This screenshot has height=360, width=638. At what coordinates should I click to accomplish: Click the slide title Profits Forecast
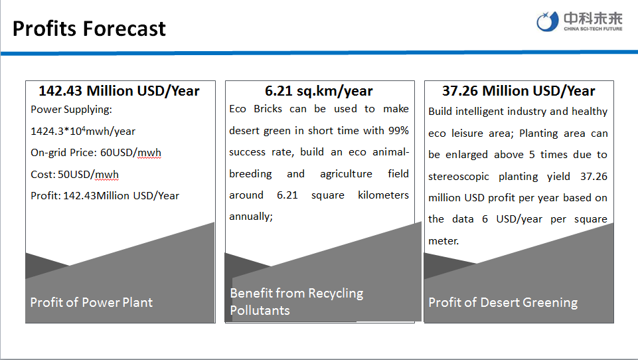coord(89,29)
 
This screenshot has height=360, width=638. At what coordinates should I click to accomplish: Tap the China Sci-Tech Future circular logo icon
coord(547,21)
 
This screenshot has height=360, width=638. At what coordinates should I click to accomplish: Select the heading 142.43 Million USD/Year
coord(120,91)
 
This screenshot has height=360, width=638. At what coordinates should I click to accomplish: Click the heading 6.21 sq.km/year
coord(319,91)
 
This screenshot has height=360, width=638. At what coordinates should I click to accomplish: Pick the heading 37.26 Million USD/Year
coord(518,91)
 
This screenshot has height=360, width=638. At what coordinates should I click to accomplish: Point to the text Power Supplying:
coord(71,110)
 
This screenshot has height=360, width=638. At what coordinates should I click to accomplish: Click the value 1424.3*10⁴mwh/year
coord(83,131)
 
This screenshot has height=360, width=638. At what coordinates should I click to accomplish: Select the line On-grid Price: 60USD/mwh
coord(96,153)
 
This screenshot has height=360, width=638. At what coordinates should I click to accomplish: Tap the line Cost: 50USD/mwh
coord(75,174)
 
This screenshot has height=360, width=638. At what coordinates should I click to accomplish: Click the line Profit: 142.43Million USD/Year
coord(105,196)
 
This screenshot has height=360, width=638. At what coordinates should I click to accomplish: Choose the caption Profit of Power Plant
coord(92,302)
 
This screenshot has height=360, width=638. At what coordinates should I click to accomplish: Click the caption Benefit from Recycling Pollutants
coord(297,302)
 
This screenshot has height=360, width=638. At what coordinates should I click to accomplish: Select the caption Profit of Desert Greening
coord(503,302)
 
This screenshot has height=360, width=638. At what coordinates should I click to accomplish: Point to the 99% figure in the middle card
coord(398,130)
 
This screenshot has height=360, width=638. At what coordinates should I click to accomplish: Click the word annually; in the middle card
coord(251,217)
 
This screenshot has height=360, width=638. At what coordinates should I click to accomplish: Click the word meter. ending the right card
coord(443,240)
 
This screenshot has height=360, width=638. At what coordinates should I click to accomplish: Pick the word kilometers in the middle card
coord(383,195)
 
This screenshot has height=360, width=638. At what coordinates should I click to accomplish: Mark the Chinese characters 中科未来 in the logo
coord(593,19)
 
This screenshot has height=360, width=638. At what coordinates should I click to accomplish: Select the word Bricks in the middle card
coord(268,109)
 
